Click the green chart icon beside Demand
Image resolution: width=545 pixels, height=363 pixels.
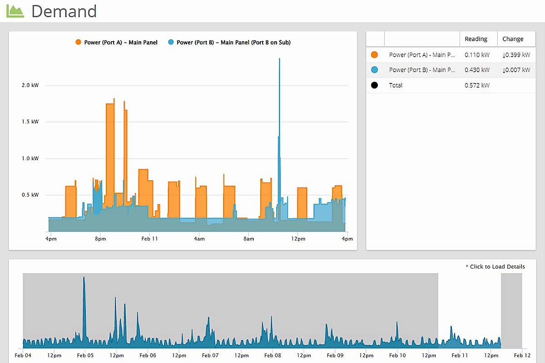(x=15, y=11)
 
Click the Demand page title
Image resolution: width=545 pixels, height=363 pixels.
(x=64, y=11)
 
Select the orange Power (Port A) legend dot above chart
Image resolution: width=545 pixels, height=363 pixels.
(x=78, y=42)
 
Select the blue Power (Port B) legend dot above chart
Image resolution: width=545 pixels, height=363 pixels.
(x=171, y=42)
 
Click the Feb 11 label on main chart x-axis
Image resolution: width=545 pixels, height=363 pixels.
(x=149, y=239)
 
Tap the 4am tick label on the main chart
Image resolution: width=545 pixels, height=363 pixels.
(x=198, y=239)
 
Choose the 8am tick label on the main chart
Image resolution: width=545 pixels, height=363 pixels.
(x=248, y=239)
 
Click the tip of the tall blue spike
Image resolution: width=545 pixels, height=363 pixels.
(x=279, y=59)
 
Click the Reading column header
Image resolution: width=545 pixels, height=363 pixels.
(x=476, y=39)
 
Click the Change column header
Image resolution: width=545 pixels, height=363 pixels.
(x=513, y=39)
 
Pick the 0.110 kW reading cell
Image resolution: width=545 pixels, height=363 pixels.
(x=477, y=55)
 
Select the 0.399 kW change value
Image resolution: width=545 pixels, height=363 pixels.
(x=516, y=55)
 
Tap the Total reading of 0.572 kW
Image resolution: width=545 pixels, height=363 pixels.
(x=477, y=85)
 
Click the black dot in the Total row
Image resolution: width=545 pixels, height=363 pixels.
(x=374, y=85)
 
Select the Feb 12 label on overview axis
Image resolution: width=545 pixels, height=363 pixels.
(x=522, y=355)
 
